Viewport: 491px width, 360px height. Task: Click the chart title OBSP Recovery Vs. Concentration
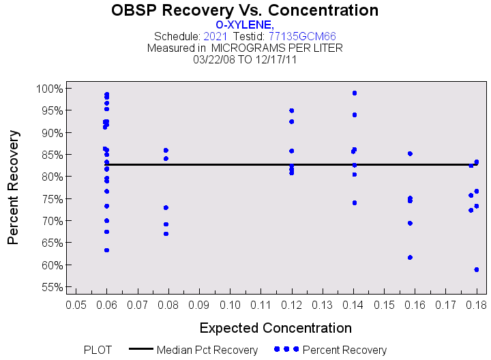tap(245, 10)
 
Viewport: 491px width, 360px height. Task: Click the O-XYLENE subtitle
tap(245, 25)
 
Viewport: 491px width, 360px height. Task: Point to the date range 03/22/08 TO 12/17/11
tap(245, 59)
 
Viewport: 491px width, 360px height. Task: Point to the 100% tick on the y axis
tap(50, 89)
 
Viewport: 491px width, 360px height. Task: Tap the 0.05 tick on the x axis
tap(76, 303)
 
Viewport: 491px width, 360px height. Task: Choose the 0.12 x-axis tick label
tap(292, 303)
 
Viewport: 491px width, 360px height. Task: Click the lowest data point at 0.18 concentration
tap(477, 269)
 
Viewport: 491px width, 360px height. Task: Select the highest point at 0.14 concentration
tap(355, 93)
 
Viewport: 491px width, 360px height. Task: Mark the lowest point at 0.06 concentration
tap(106, 250)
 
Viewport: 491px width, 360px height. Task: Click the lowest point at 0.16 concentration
tap(410, 257)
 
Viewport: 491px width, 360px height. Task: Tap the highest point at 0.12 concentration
tap(292, 110)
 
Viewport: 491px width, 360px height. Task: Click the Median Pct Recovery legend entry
tap(207, 350)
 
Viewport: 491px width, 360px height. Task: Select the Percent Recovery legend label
tap(344, 350)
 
